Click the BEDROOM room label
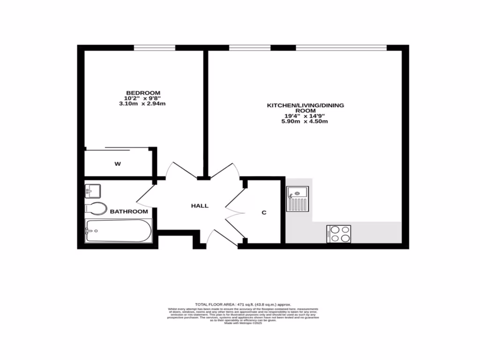pyautogui.click(x=143, y=92)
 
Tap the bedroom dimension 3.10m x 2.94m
pyautogui.click(x=143, y=104)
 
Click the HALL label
pyautogui.click(x=200, y=206)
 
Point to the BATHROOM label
pyautogui.click(x=129, y=211)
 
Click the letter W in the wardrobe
pyautogui.click(x=118, y=164)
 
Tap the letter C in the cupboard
pyautogui.click(x=264, y=212)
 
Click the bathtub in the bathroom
pyautogui.click(x=119, y=231)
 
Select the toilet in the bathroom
pyautogui.click(x=96, y=209)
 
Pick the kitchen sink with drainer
pyautogui.click(x=297, y=199)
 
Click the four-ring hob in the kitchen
pyautogui.click(x=338, y=234)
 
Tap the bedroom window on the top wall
pyautogui.click(x=154, y=47)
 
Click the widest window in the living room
pyautogui.click(x=341, y=47)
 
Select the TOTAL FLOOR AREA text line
pyautogui.click(x=243, y=304)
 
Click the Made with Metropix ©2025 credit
pyautogui.click(x=243, y=323)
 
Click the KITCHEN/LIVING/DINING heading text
pyautogui.click(x=305, y=105)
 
